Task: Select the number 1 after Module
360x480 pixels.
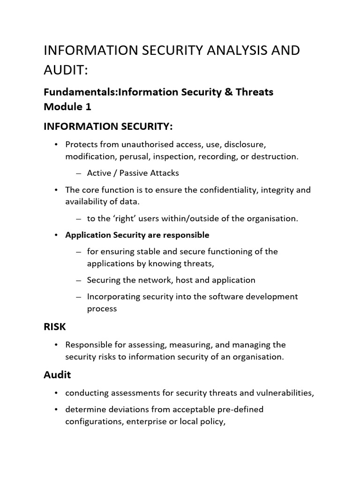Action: tap(88, 106)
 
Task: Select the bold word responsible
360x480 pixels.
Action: tap(186, 235)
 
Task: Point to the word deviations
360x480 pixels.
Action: tap(126, 409)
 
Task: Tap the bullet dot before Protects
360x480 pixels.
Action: tap(56, 144)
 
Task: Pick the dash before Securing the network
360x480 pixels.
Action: tap(78, 280)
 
